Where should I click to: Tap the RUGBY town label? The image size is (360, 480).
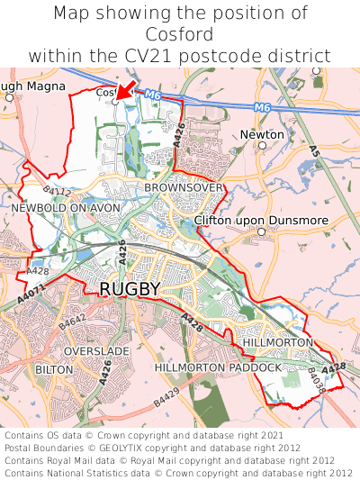[130, 289]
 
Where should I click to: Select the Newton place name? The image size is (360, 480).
[262, 135]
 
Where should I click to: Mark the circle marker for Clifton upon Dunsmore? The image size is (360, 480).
[261, 232]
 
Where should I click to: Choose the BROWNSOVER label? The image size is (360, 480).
[184, 186]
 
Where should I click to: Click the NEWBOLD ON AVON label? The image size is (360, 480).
[66, 207]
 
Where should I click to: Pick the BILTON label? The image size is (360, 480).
[53, 369]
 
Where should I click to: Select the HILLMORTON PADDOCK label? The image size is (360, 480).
[219, 368]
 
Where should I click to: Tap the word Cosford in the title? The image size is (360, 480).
[180, 34]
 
